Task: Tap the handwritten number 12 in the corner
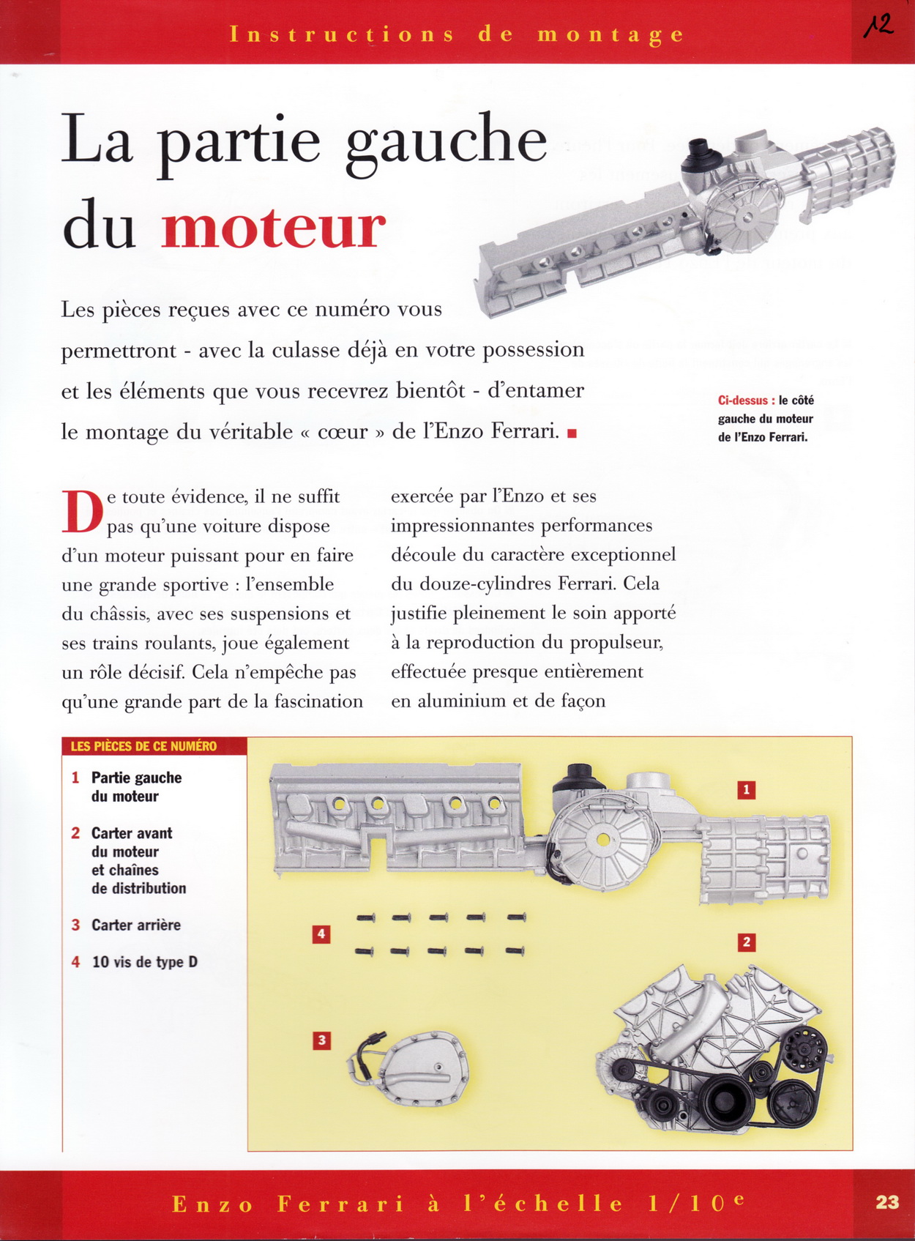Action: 878,26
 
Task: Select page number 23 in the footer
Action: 886,1201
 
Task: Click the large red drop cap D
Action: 82,512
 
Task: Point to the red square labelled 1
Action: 746,790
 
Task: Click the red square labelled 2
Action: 746,942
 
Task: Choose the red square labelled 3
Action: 321,1040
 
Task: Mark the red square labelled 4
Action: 321,934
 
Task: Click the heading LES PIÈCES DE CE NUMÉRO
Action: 143,746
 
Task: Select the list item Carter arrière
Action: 135,925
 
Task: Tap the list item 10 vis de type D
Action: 144,962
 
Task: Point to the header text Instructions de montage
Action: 457,34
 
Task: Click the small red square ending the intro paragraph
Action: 572,433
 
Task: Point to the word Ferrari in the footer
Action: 340,1204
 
